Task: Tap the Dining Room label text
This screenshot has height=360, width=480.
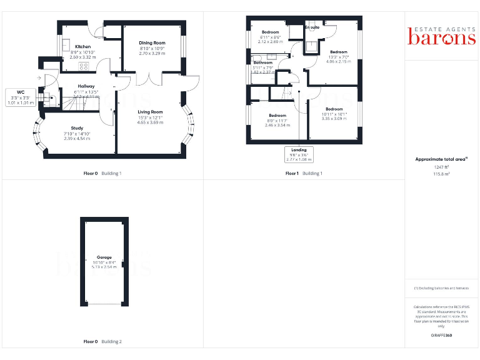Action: [151, 43]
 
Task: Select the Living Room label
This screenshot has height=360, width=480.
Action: [150, 112]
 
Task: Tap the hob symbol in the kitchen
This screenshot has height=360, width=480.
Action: [83, 65]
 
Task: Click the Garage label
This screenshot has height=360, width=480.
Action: [104, 257]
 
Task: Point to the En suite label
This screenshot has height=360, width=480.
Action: [312, 27]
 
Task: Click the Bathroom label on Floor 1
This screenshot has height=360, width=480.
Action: [263, 62]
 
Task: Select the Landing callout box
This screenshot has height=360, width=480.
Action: [298, 154]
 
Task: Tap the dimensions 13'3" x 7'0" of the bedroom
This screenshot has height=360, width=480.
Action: [338, 57]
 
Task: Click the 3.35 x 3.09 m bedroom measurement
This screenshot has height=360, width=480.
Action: [334, 119]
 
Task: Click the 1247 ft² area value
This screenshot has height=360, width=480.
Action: [441, 167]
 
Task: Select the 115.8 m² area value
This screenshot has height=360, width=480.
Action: [441, 174]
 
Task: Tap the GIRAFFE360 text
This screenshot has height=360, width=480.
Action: [441, 336]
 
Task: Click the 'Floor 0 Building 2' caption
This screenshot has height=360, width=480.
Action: [102, 342]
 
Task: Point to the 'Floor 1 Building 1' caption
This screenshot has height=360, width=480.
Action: [304, 173]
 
